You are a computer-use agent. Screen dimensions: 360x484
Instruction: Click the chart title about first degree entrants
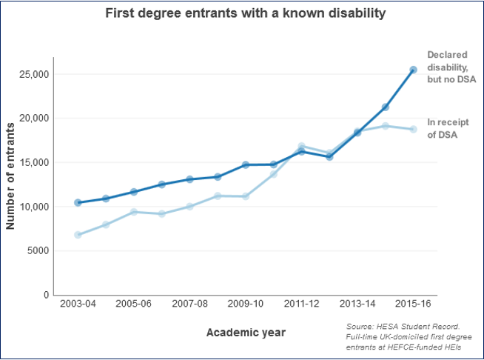pos(245,13)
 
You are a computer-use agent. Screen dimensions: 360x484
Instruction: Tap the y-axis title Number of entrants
pos(10,176)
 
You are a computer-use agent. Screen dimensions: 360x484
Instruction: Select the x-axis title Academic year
pos(246,332)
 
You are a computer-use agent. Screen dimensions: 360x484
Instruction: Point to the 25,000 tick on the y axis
pos(33,74)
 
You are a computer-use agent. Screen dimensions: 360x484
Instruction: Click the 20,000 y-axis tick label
pos(33,119)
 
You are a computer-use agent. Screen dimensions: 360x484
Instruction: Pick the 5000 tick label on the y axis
pos(37,250)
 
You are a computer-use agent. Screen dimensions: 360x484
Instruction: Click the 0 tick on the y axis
pos(46,295)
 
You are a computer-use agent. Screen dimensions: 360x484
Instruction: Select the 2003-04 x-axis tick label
pos(78,304)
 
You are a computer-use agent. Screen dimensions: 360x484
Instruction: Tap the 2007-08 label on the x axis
pos(189,304)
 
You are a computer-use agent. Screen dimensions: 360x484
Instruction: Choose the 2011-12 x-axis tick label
pos(301,304)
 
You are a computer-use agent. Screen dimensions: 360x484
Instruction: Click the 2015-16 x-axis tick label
pos(413,304)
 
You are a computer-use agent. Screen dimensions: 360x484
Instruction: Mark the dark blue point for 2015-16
pos(413,70)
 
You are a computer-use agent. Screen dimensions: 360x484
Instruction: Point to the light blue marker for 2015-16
pos(413,129)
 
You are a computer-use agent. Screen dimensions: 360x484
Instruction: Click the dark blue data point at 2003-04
pos(78,202)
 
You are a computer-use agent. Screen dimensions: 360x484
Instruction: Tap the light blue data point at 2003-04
pos(78,235)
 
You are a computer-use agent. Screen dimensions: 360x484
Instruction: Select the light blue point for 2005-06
pos(134,212)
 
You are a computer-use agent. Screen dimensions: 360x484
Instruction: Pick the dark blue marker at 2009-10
pos(246,164)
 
